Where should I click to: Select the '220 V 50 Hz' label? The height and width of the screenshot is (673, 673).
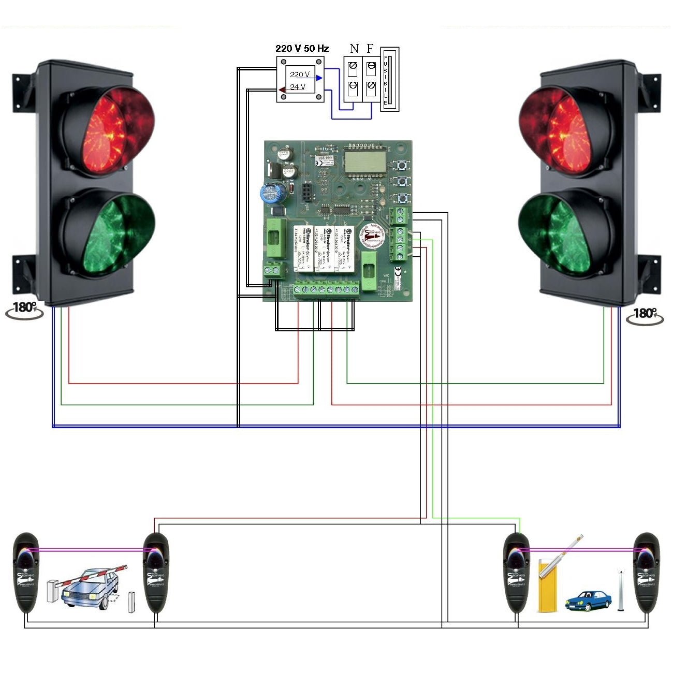click(302, 48)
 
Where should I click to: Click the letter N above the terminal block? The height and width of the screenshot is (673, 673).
click(354, 49)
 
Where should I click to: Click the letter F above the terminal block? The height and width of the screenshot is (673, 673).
click(370, 49)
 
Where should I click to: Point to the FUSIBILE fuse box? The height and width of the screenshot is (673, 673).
click(389, 79)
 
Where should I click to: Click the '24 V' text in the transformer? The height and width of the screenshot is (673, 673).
click(298, 87)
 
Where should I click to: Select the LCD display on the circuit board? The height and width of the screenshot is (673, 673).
click(365, 162)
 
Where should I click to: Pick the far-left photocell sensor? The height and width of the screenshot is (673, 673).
click(25, 572)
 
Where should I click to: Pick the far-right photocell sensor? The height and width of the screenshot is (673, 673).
click(647, 572)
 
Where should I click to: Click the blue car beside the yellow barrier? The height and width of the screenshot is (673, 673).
click(588, 601)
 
